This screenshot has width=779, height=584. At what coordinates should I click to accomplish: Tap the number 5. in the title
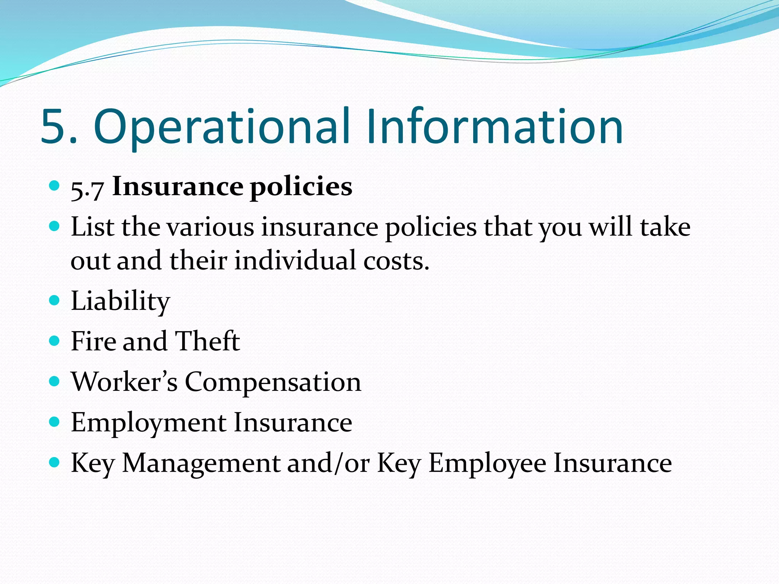(x=59, y=127)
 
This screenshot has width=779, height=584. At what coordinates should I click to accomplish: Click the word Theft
(x=207, y=341)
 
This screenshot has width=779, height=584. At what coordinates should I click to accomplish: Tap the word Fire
(x=94, y=341)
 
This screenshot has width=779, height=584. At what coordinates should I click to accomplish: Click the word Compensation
(x=273, y=382)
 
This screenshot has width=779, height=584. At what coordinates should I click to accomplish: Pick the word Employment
(x=149, y=423)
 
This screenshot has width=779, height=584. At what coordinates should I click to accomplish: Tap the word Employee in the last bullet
(x=487, y=464)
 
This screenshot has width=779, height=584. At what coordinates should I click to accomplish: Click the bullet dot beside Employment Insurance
(x=55, y=422)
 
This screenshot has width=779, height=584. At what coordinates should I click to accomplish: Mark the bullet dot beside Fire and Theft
(x=55, y=341)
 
